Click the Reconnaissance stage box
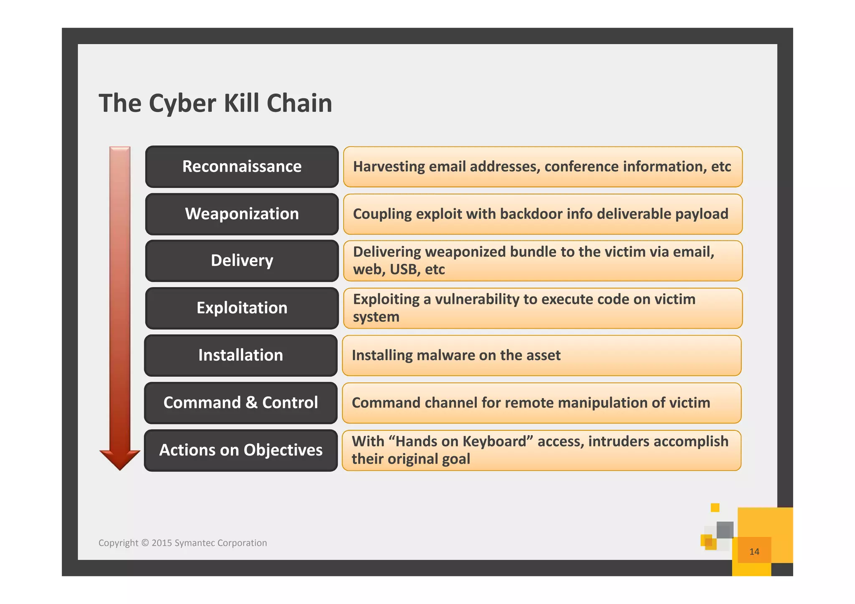point(242,167)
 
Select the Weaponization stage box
point(242,214)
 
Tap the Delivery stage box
point(242,260)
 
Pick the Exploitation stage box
point(242,308)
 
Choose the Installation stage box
point(240,355)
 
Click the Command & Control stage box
point(240,403)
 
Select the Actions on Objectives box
point(240,450)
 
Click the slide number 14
point(754,552)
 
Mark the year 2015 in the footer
point(161,543)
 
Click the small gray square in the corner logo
point(725,530)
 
